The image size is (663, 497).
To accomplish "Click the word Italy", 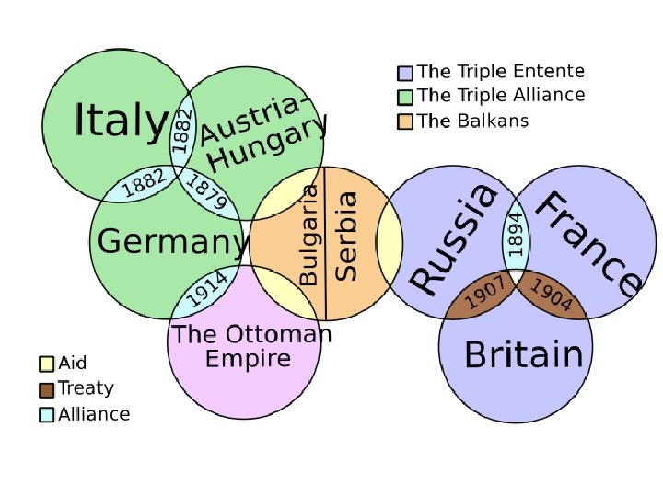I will coord(120,121).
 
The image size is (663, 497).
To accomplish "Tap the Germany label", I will coord(172,242).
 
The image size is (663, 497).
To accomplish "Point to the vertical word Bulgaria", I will coord(310,235).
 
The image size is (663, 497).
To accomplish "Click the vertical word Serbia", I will coord(347,235).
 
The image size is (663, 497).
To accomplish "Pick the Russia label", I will coord(454,239).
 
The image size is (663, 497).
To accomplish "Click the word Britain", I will coord(523,355).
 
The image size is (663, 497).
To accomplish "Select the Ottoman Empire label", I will coord(250,346).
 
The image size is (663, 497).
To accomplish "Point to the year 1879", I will coord(206,192).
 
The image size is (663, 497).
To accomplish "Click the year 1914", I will coord(207,292).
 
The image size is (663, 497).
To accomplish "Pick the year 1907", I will coord(483,295).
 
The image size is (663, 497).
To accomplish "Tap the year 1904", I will coord(552,295).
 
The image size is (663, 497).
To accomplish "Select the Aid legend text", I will coord(73,364).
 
